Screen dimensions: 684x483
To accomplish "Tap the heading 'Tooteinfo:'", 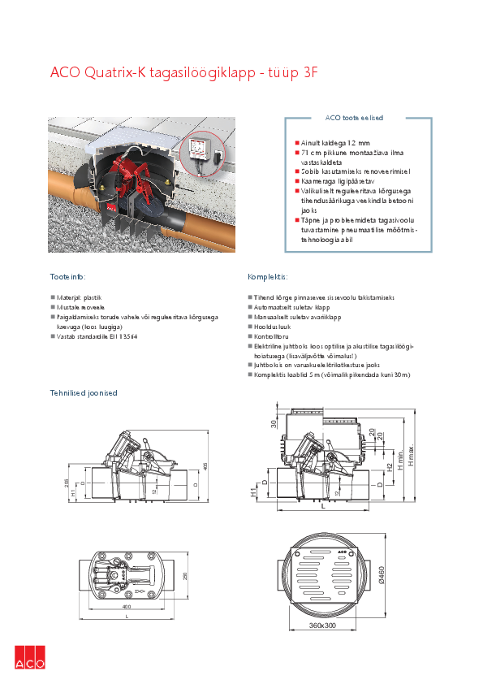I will pyautogui.click(x=67, y=276).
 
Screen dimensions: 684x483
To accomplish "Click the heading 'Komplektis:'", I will pyautogui.click(x=268, y=276).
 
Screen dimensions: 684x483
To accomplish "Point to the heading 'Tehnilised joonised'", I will pyautogui.click(x=84, y=392).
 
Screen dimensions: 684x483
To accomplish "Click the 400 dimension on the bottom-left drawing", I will pyautogui.click(x=126, y=607).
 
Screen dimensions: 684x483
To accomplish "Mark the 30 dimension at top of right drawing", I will pyautogui.click(x=274, y=423).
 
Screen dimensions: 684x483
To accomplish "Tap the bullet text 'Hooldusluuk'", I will pyautogui.click(x=272, y=327).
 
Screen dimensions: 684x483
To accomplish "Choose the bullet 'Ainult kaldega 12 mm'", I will pyautogui.click(x=335, y=142).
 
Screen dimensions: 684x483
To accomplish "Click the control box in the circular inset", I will pyautogui.click(x=199, y=149).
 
